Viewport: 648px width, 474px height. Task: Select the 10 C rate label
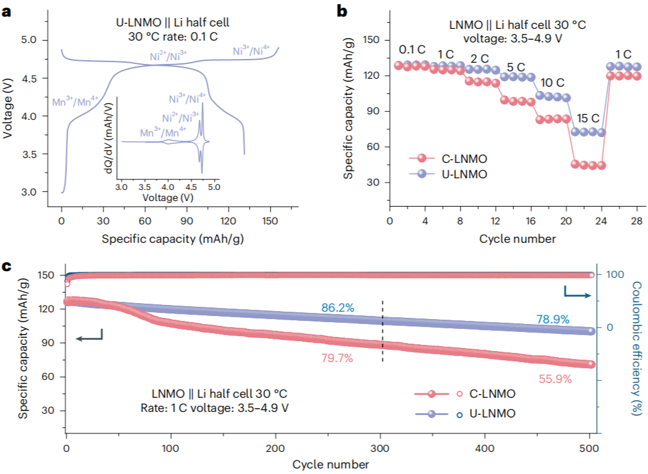click(x=553, y=83)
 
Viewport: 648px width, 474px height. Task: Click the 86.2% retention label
click(x=338, y=307)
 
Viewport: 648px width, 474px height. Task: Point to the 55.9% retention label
click(x=555, y=379)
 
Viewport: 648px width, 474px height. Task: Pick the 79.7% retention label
click(x=336, y=358)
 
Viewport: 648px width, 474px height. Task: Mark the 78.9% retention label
click(x=552, y=320)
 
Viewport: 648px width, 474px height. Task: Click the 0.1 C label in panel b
click(x=412, y=49)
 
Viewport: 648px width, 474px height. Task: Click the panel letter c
click(x=7, y=266)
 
